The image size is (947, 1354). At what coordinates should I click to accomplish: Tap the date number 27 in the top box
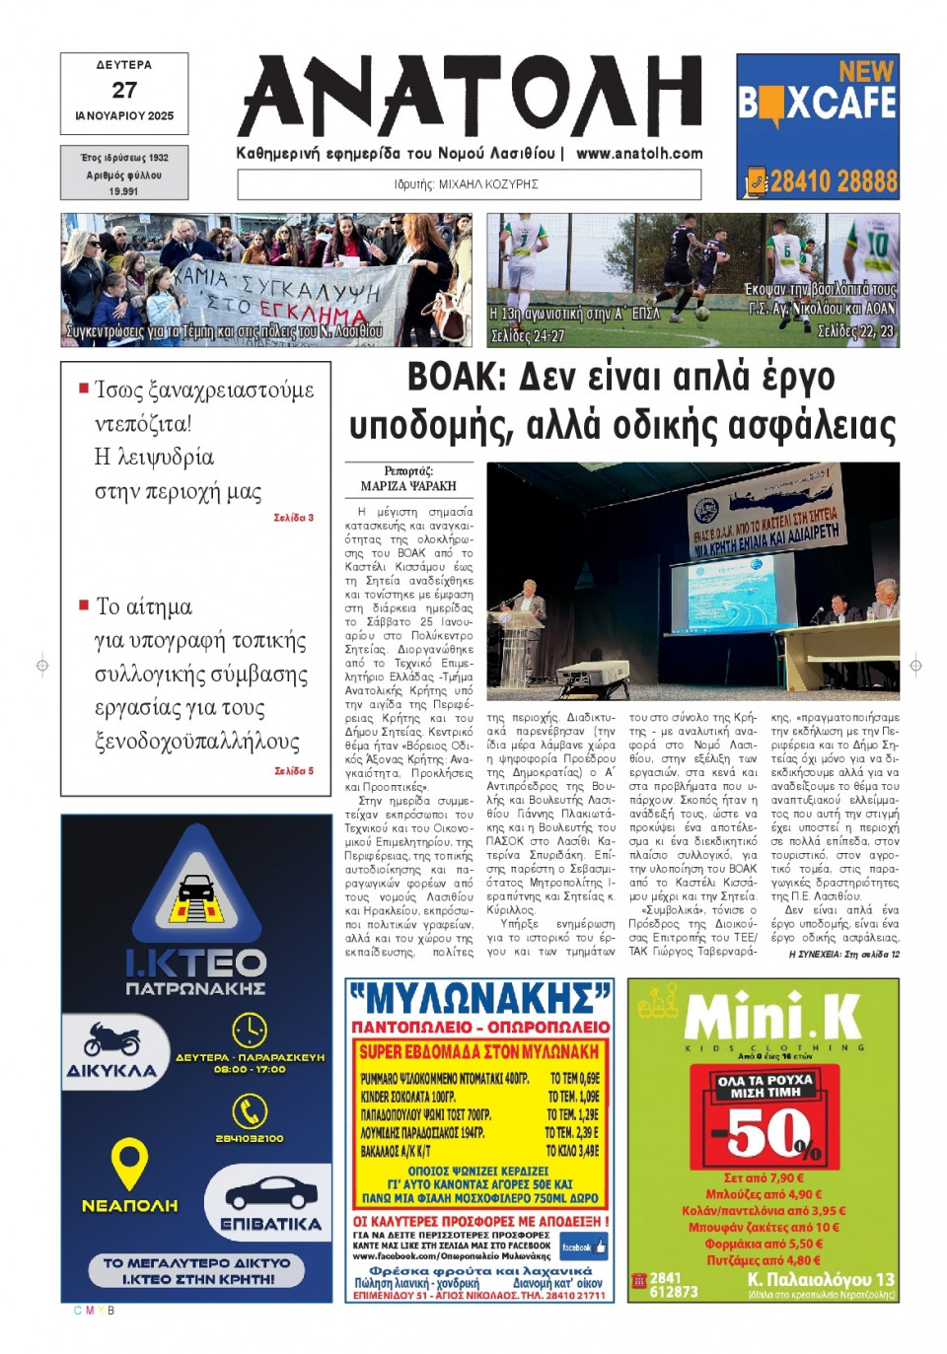pos(124,90)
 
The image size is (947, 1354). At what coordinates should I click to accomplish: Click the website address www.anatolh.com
pos(639,154)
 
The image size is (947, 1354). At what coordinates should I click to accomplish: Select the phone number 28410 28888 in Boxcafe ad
pos(833,181)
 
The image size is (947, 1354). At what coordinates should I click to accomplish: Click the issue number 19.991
pos(123,191)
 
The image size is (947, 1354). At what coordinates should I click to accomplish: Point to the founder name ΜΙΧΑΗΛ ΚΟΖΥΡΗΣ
pos(488,184)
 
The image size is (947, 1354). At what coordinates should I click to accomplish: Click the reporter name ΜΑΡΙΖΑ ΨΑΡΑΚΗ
pos(408,486)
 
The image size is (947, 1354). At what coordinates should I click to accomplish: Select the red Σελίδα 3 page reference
pos(294,518)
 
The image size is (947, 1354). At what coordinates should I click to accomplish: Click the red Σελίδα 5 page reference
pos(294,771)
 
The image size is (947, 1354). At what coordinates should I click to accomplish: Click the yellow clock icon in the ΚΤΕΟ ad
pos(249,1031)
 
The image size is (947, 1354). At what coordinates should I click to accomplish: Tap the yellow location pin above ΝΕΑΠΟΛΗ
pos(129,1164)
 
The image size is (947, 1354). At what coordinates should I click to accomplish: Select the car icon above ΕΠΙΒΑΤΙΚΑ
pos(270,1194)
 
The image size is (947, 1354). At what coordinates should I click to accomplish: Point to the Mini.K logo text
pos(771,1017)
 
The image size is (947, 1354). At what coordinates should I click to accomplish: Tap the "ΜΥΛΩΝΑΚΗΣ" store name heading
pos(479,999)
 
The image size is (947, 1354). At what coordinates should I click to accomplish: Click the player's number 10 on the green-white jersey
pos(876,242)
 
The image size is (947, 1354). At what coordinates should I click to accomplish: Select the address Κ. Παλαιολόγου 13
pos(821,1279)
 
